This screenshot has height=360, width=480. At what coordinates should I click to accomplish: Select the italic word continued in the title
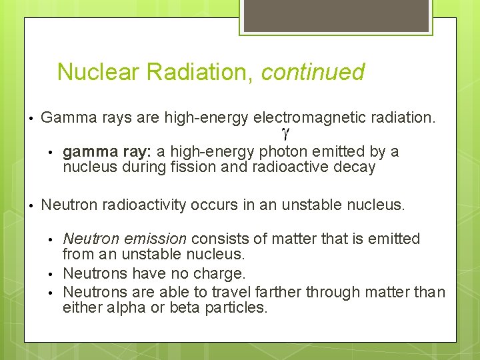313,72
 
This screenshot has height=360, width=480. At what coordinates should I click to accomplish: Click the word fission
192,167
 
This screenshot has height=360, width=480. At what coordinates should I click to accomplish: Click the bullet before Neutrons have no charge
52,274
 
